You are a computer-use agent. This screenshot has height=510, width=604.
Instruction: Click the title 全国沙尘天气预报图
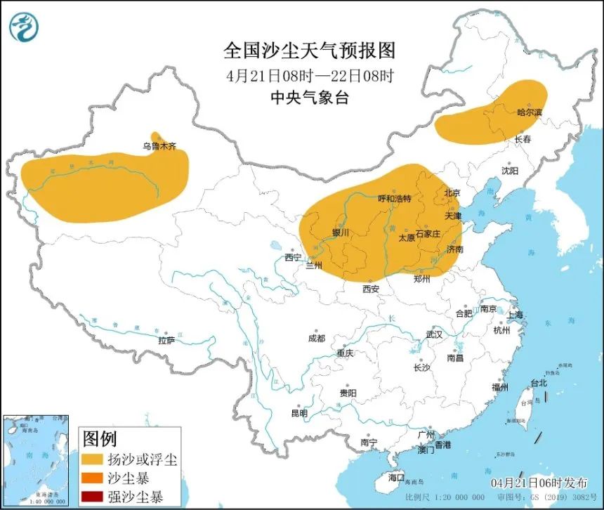pyautogui.click(x=309, y=51)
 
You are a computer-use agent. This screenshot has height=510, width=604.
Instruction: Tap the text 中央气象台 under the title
pyautogui.click(x=309, y=98)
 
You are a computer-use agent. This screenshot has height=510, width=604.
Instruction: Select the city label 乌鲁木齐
pyautogui.click(x=158, y=147)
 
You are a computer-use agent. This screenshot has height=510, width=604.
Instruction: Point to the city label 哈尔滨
pyautogui.click(x=530, y=112)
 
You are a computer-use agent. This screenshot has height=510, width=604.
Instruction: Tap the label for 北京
pyautogui.click(x=452, y=193)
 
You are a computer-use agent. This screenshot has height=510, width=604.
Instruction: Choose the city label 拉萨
pyautogui.click(x=166, y=341)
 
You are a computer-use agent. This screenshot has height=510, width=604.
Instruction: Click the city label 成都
pyautogui.click(x=316, y=338)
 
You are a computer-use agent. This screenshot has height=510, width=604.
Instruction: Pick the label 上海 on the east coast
pyautogui.click(x=516, y=315)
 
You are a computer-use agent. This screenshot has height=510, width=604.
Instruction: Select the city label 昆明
pyautogui.click(x=298, y=414)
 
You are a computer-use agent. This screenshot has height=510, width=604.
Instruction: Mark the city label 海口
pyautogui.click(x=396, y=478)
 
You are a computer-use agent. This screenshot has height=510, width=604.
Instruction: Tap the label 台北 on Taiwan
pyautogui.click(x=538, y=384)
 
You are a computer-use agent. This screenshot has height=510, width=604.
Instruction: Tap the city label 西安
pyautogui.click(x=371, y=289)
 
